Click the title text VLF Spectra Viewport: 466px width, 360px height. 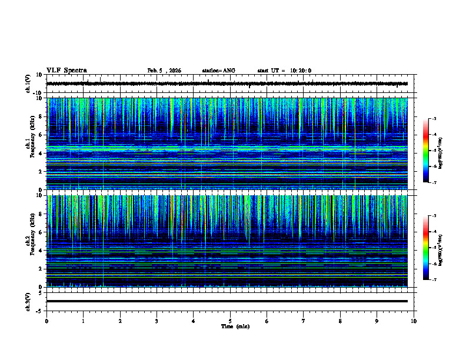(x=66, y=71)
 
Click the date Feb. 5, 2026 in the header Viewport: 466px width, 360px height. (x=164, y=71)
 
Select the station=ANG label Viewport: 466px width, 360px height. (x=218, y=71)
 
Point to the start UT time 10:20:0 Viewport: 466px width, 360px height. (x=284, y=71)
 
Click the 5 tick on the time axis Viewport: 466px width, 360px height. (x=231, y=321)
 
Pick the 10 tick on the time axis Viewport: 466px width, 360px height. (x=414, y=321)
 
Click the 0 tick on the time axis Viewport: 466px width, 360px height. (x=46, y=321)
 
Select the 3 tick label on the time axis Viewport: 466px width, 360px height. (x=157, y=321)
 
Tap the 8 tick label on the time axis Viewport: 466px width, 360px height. (x=341, y=321)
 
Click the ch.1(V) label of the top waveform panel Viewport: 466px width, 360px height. (x=28, y=84)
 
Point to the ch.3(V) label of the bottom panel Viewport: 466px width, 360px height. (x=28, y=301)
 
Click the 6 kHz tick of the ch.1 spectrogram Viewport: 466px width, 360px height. (x=40, y=135)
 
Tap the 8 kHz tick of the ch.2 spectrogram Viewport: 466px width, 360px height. (x=40, y=214)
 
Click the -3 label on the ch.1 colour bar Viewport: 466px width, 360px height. (x=434, y=119)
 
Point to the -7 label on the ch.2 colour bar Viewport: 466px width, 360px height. (x=434, y=280)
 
